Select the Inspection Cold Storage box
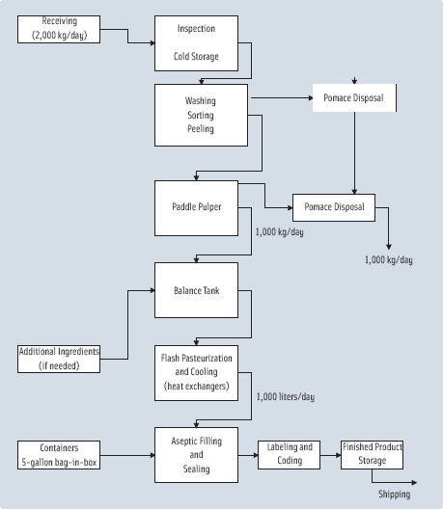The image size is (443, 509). [196, 43]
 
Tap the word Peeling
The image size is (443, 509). [201, 128]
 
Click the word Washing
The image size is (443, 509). [201, 100]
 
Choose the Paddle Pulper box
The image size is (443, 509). [196, 206]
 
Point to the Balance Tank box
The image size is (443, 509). [196, 288]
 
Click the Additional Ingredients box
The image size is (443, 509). [59, 358]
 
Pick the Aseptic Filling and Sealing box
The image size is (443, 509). [196, 453]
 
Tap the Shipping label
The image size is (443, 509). [394, 495]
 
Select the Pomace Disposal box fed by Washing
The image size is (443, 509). [353, 99]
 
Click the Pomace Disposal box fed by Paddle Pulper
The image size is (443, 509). [334, 207]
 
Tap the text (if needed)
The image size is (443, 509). [59, 365]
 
